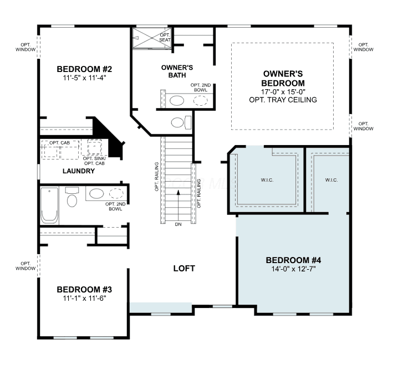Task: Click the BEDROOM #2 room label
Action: pos(84,69)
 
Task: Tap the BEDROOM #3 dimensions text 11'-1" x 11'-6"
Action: pos(84,298)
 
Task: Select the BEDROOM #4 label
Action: pos(293,260)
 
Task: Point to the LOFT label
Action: pos(184,269)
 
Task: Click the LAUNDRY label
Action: pos(79,171)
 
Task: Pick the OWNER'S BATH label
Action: pos(177,71)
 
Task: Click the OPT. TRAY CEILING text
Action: pos(283,100)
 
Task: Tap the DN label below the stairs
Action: pos(178,224)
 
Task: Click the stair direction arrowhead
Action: pos(178,193)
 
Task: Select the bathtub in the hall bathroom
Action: pos(49,205)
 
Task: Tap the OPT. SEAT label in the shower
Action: pos(165,37)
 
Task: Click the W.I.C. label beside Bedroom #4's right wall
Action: pos(331,180)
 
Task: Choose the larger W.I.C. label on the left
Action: pos(267,180)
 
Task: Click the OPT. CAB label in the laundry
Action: pos(59,143)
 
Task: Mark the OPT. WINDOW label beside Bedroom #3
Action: pos(25,266)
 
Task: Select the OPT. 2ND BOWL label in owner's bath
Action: pos(201,88)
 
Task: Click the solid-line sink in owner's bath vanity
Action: pos(177,101)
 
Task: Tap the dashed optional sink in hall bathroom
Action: pos(116,193)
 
